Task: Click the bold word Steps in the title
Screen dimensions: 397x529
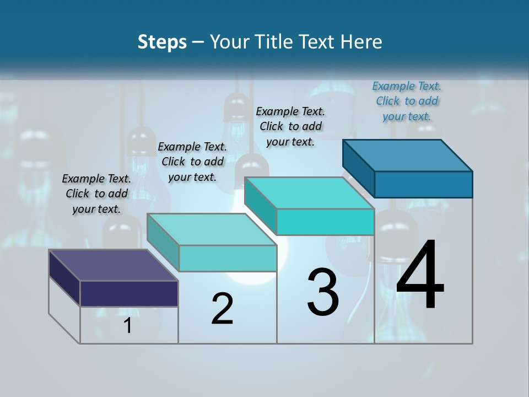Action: click(162, 42)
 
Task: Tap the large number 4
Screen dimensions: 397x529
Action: click(420, 275)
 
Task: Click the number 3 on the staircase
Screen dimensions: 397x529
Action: click(323, 292)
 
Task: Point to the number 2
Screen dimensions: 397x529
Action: click(222, 309)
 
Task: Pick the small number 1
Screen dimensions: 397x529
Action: click(128, 325)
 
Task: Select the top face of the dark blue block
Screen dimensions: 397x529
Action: click(408, 155)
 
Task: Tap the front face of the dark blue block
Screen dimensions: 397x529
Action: click(423, 184)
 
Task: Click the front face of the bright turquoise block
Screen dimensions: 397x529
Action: click(325, 222)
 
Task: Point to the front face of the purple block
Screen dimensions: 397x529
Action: click(129, 293)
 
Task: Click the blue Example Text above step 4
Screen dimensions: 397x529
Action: click(407, 101)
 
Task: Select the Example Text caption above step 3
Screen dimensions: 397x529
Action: click(290, 126)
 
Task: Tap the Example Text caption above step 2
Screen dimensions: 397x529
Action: click(192, 162)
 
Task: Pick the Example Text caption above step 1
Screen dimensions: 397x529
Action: click(96, 194)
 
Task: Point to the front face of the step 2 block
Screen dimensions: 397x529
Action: click(228, 258)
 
